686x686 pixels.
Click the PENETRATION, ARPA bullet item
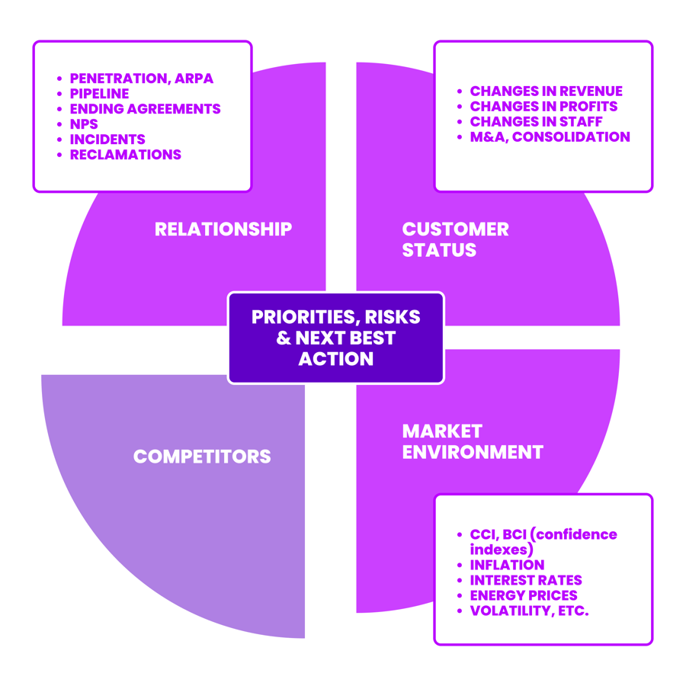(x=141, y=79)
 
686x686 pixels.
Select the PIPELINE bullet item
(x=99, y=94)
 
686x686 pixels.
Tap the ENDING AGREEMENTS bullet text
(x=145, y=109)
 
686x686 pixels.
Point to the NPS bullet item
(x=84, y=124)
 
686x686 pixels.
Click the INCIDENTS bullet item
(x=107, y=139)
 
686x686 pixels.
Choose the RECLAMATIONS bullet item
(x=125, y=155)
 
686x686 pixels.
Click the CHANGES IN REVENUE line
(x=546, y=91)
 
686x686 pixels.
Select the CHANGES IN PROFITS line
(x=543, y=107)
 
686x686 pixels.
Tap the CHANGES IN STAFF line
(x=536, y=122)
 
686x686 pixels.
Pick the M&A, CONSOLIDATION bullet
(x=550, y=137)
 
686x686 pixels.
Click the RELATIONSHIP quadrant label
(x=223, y=229)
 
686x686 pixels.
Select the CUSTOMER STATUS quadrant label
(x=455, y=239)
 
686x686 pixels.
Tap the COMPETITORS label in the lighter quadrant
(x=202, y=457)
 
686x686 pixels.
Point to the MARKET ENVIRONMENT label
(x=472, y=441)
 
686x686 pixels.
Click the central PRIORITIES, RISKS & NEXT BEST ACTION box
(x=336, y=338)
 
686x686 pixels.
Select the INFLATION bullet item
(x=507, y=566)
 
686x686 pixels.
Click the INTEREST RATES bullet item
(x=525, y=581)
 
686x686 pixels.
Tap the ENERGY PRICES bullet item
(x=524, y=596)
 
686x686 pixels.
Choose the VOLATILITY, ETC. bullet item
(x=529, y=611)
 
